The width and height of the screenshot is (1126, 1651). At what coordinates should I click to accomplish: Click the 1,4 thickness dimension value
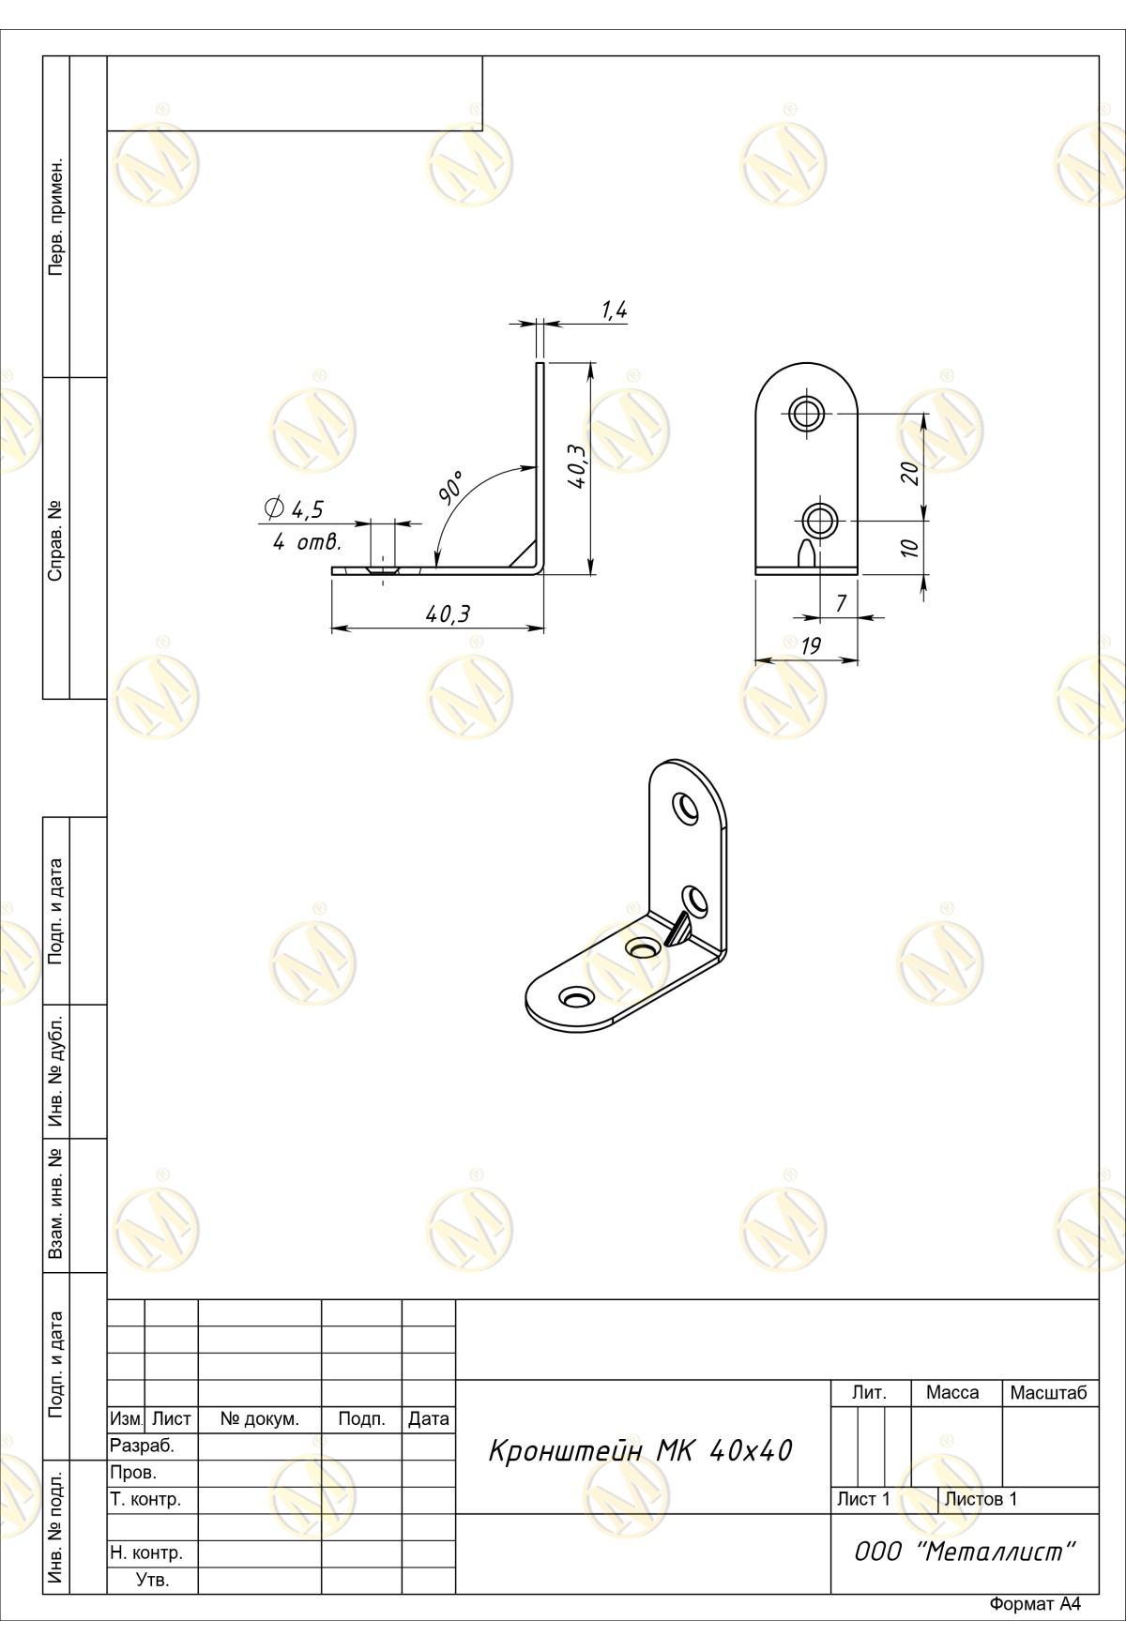[614, 311]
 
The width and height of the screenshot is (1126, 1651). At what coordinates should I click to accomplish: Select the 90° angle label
[451, 489]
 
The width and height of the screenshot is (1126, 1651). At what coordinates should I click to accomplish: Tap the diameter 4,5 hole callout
[295, 509]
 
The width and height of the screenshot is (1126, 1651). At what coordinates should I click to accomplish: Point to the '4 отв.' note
[307, 542]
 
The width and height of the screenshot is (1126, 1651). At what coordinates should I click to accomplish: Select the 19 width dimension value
[812, 645]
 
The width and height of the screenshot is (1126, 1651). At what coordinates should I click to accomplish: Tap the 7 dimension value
[841, 603]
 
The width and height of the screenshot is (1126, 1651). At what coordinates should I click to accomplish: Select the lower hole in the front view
[821, 519]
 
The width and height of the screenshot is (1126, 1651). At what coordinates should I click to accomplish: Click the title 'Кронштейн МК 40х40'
[640, 1451]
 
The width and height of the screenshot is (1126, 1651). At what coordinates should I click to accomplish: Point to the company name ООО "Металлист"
[964, 1552]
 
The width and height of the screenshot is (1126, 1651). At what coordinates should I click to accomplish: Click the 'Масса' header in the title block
[952, 1393]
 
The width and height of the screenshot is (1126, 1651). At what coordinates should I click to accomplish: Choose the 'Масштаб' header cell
[1049, 1393]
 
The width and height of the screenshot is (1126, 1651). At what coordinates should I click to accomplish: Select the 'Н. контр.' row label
[146, 1553]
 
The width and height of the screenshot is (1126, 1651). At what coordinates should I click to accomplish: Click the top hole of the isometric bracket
[687, 808]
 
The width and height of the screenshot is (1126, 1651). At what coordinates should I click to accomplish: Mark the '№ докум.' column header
[260, 1419]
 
